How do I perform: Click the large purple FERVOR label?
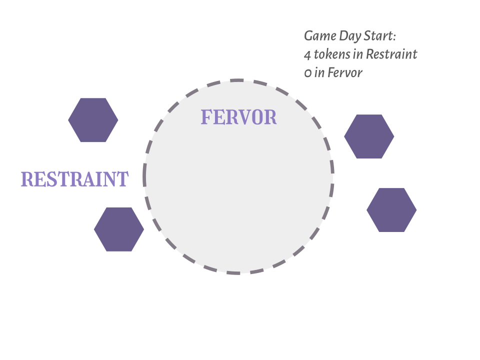238,117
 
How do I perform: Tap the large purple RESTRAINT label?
74,179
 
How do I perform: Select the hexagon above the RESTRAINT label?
93,120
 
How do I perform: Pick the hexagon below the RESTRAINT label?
119,229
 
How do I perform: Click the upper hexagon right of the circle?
369,136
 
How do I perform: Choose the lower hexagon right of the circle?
391,210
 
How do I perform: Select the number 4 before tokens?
307,54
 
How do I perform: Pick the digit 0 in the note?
307,73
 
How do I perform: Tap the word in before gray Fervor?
319,73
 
